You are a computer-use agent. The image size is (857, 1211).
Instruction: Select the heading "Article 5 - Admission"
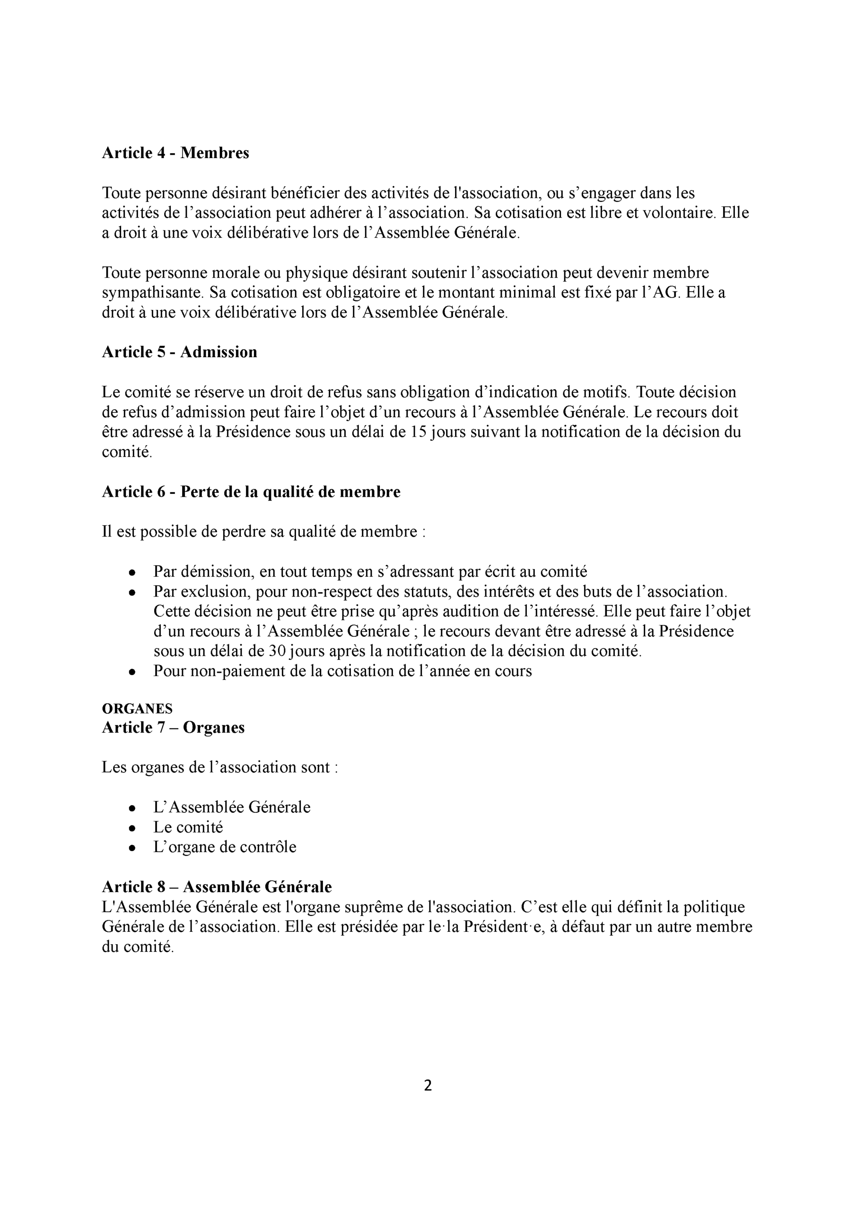pos(179,352)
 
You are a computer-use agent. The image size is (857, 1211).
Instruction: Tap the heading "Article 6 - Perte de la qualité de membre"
pos(251,492)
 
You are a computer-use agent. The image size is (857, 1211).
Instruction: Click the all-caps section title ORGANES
pos(137,709)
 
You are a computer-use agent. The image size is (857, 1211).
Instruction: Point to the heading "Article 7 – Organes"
pos(173,728)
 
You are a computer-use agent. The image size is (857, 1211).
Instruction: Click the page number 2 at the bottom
pos(428,1086)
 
